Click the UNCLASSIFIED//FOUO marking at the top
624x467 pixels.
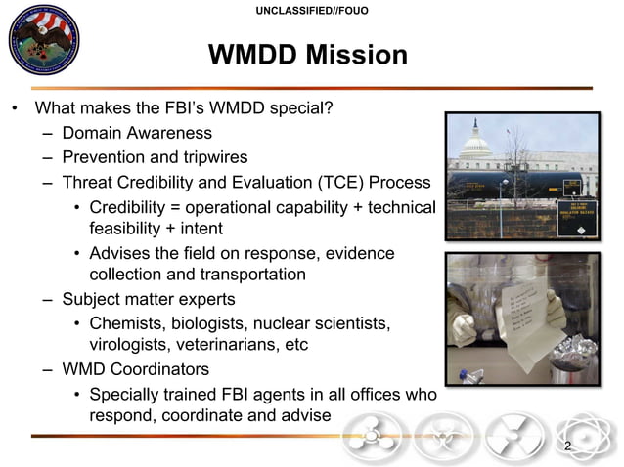tap(312, 11)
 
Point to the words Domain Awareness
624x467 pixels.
tap(137, 133)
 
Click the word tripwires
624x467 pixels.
tap(211, 157)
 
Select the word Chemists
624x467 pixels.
tap(128, 322)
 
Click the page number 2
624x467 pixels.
tap(567, 446)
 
